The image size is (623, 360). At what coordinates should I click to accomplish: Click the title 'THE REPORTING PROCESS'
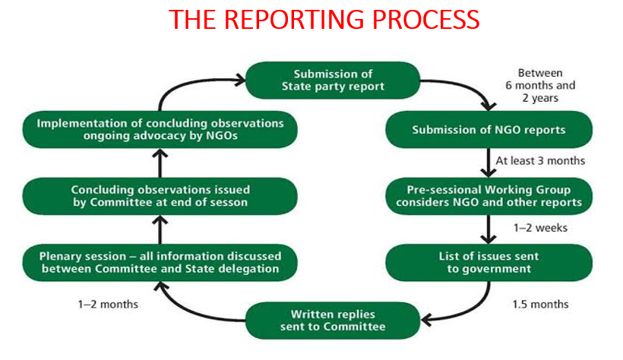coord(324,19)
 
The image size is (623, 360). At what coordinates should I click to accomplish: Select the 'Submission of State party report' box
coord(334,80)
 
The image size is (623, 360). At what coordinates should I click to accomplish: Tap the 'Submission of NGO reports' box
coord(489,130)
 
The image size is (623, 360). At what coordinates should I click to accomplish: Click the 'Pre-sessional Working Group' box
coord(489,196)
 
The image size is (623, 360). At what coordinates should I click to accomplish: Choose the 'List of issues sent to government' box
coord(489,261)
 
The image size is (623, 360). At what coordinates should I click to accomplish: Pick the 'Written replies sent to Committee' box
coord(334,320)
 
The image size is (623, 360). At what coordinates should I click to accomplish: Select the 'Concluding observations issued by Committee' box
coord(160,196)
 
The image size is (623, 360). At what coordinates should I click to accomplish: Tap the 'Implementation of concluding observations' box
coord(160,130)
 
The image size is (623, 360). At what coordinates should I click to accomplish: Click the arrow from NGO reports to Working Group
coord(488,163)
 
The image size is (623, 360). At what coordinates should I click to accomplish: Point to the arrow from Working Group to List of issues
coord(488,229)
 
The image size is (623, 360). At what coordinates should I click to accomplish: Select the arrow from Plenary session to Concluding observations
coord(159,229)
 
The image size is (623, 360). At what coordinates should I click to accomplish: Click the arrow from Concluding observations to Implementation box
coord(159,163)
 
